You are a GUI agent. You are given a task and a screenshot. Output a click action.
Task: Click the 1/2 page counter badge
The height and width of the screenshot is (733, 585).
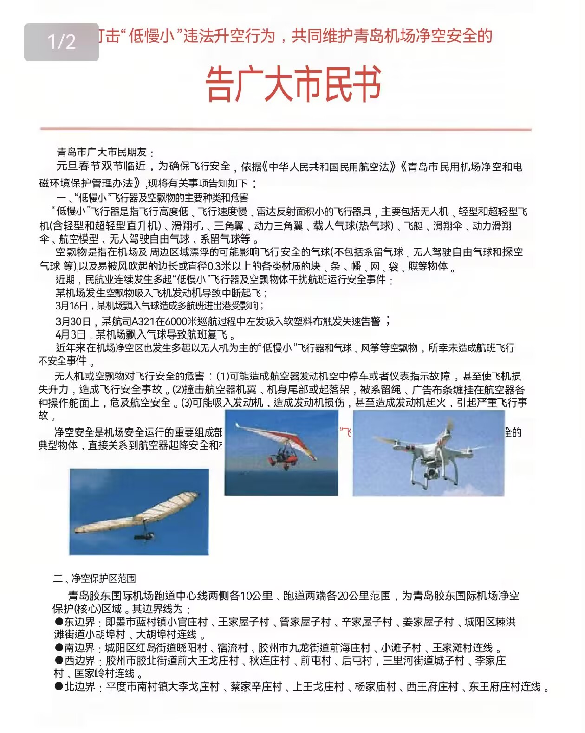coord(61,42)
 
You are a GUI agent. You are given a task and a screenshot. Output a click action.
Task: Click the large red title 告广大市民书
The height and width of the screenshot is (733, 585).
coord(293,84)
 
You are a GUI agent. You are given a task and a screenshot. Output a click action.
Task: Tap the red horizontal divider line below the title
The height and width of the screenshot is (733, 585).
coord(286,129)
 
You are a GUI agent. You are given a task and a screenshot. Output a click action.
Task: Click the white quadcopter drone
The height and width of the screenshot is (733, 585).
coord(428,452)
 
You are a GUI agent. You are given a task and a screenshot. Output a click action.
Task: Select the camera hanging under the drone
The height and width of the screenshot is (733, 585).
coord(432,472)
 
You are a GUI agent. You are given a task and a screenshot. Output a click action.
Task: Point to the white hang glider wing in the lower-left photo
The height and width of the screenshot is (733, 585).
coord(139,513)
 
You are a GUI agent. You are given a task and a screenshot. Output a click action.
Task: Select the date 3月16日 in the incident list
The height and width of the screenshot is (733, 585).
coord(71,306)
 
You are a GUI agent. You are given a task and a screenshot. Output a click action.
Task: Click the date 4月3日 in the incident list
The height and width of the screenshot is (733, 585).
coord(71,334)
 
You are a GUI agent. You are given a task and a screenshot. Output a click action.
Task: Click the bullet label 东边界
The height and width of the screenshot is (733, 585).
coord(79,622)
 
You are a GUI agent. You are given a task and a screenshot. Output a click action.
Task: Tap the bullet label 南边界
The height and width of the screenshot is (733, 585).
coord(79,648)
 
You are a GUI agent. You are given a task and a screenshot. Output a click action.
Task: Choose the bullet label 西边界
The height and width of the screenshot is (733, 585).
coord(79,660)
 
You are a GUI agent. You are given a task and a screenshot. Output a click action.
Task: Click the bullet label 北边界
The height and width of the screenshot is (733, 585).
coord(79,687)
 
